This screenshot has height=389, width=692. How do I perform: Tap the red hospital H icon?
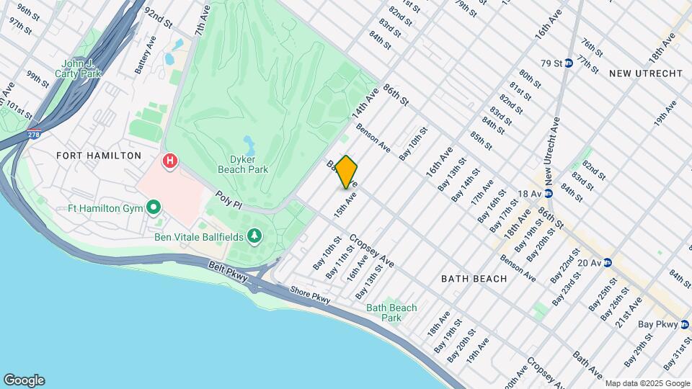coord(170,160)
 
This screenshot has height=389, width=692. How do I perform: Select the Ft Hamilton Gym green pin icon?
coord(153,209)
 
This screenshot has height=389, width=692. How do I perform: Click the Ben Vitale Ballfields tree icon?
coord(254,236)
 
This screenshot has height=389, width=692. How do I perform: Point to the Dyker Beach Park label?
coord(243,164)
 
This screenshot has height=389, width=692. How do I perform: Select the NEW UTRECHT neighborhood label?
coord(645,74)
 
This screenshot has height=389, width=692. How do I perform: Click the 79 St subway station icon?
coord(569,63)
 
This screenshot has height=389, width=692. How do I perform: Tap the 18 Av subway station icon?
coord(548,193)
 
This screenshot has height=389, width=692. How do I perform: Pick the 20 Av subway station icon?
coord(608,262)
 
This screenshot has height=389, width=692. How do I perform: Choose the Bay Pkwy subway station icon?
coord(685,324)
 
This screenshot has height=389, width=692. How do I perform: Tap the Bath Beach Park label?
coord(391,313)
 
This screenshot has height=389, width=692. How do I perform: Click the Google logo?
coord(24,380)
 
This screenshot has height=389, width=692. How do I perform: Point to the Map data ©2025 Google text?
coord(647,383)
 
